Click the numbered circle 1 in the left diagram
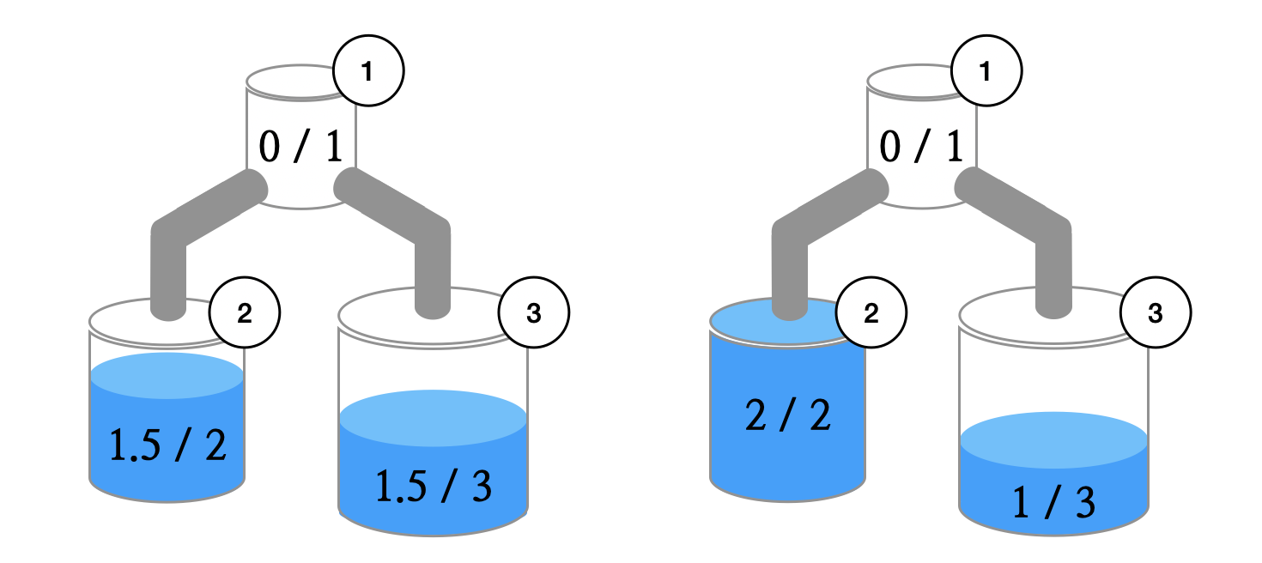pyautogui.click(x=367, y=73)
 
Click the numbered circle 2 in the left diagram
pyautogui.click(x=245, y=314)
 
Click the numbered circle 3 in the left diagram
pyautogui.click(x=533, y=314)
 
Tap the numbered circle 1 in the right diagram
pyautogui.click(x=985, y=73)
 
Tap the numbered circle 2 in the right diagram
pyautogui.click(x=871, y=314)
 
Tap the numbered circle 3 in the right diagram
pyautogui.click(x=1156, y=314)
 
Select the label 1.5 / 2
pyautogui.click(x=168, y=445)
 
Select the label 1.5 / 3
pyautogui.click(x=434, y=487)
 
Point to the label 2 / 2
pyautogui.click(x=788, y=417)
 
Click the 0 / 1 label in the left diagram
pyautogui.click(x=300, y=148)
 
